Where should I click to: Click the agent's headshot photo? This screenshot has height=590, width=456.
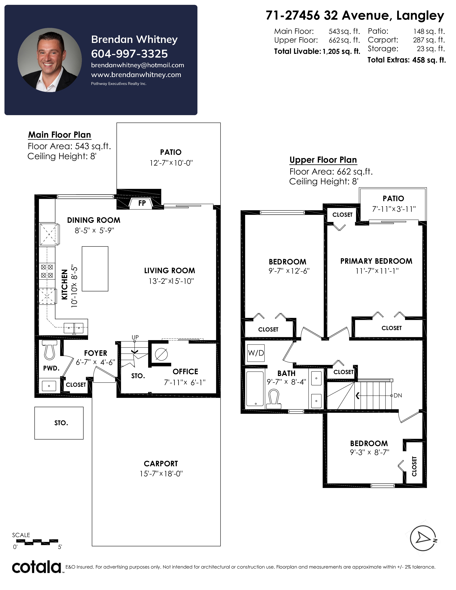50,60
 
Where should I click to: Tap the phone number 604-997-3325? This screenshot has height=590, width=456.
129,54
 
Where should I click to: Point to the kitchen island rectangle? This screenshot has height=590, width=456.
95,269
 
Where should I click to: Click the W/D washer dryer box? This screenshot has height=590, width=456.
256,353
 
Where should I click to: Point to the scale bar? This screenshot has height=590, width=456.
37,541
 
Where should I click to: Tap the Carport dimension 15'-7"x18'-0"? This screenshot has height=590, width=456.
161,474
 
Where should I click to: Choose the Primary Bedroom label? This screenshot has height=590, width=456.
376,261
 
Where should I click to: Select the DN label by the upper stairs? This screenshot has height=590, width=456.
398,395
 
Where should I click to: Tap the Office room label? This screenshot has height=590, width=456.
185,372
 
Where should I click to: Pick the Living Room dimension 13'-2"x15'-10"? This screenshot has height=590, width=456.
171,281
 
